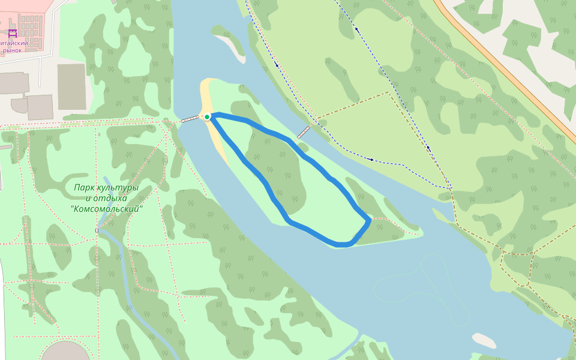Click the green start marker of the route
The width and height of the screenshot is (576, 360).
207,116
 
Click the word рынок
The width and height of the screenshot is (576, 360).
12,50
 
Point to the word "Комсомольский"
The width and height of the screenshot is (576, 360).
107,209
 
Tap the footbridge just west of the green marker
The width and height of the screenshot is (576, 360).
191,119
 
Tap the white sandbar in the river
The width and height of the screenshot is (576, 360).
484,340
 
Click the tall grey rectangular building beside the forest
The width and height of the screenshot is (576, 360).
71,86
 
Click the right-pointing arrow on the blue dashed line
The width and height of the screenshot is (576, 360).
372,160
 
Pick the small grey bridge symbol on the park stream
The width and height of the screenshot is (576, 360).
97,230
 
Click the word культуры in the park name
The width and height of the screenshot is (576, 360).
118,188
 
